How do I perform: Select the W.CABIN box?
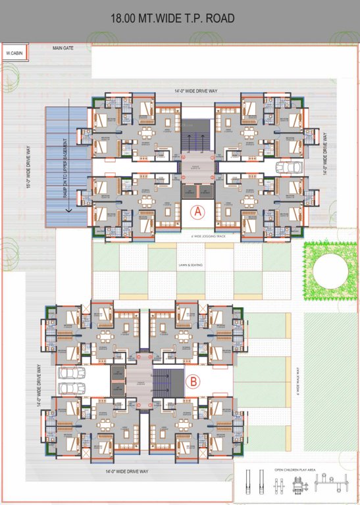[11, 52]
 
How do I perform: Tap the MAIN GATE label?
[63, 48]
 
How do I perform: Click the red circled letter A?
[196, 212]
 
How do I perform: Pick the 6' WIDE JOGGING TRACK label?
[194, 234]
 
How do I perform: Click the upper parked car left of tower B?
[69, 373]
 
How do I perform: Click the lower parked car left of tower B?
[69, 388]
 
